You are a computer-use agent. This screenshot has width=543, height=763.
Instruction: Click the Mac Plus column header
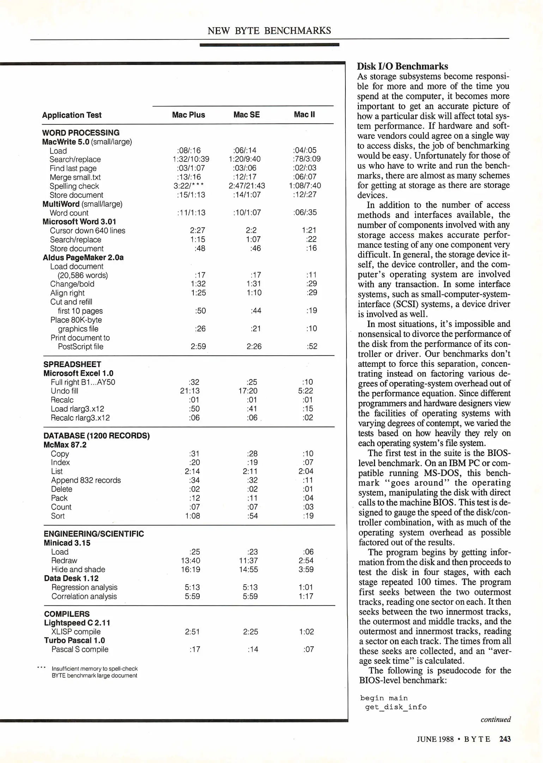click(x=188, y=115)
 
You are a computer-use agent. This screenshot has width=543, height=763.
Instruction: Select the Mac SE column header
click(x=246, y=115)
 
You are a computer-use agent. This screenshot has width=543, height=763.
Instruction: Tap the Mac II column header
click(x=304, y=114)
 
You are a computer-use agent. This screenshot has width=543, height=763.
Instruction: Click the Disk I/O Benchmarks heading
click(x=402, y=66)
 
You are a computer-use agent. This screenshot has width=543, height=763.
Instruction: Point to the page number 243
click(x=505, y=739)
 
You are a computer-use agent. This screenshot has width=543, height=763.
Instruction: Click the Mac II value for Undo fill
click(x=306, y=391)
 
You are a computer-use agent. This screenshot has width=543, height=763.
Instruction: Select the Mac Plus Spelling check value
click(x=188, y=186)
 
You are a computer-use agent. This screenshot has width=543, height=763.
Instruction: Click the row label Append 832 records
click(x=86, y=480)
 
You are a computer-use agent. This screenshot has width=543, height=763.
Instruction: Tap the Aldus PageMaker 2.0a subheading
click(x=83, y=258)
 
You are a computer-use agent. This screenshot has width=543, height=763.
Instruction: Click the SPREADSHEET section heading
click(x=72, y=364)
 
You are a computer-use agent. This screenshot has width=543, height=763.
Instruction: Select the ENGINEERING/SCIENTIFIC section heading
click(x=94, y=534)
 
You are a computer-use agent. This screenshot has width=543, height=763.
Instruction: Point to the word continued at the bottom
click(x=495, y=720)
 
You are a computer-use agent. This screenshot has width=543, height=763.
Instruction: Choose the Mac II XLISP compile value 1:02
click(x=306, y=632)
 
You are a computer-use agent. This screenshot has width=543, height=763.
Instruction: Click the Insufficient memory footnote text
click(x=95, y=672)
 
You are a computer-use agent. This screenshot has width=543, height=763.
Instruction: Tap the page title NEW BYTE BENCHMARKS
click(x=269, y=31)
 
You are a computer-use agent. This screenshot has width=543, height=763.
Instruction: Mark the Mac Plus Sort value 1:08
click(x=192, y=516)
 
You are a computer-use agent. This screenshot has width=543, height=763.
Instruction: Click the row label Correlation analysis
click(x=84, y=596)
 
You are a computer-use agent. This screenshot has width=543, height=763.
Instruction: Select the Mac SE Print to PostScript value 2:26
click(x=254, y=347)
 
